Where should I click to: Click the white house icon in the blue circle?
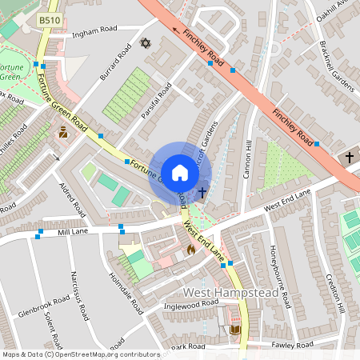pyautogui.click(x=179, y=173)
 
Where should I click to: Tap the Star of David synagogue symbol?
pyautogui.click(x=146, y=42)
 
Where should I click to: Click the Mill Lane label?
pyautogui.click(x=72, y=231)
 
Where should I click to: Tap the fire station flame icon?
pyautogui.click(x=190, y=250)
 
